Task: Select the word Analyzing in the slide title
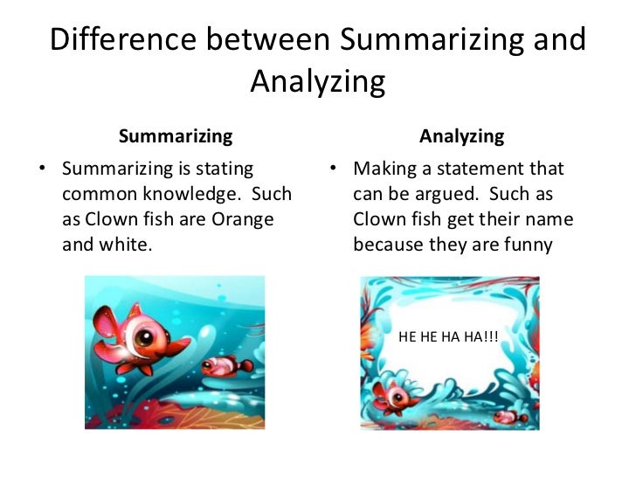click(317, 82)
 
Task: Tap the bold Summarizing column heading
click(176, 136)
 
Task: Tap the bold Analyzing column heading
click(461, 136)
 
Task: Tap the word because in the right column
click(386, 244)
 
